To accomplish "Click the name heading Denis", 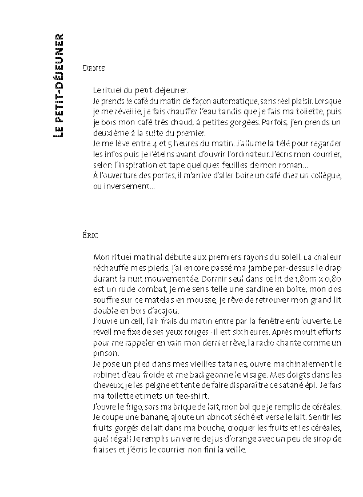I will tap(94, 67).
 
